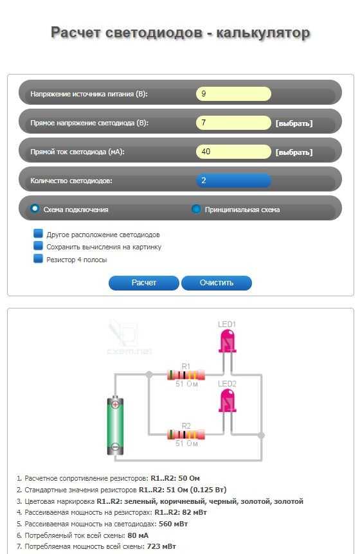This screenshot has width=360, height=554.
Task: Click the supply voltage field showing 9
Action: click(x=233, y=94)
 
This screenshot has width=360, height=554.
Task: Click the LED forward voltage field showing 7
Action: click(x=233, y=123)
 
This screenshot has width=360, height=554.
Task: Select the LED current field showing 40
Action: click(x=233, y=152)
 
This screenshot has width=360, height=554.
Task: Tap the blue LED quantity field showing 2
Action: click(x=233, y=181)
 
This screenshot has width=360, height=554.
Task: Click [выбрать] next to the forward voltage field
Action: click(x=294, y=123)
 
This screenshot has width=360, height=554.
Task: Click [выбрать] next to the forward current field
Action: click(x=294, y=152)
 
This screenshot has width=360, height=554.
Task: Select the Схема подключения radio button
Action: click(x=34, y=209)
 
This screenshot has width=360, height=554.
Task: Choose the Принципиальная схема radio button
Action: click(x=196, y=209)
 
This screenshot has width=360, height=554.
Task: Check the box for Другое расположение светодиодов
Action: click(x=38, y=233)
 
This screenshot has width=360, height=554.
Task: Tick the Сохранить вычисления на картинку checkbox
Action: click(x=38, y=246)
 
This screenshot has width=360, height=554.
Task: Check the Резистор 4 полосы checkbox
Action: click(x=38, y=258)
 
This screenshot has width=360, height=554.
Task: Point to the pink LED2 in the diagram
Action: click(x=227, y=401)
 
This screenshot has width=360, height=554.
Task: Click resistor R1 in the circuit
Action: click(x=186, y=375)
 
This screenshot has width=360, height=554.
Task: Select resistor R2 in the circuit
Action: click(x=186, y=434)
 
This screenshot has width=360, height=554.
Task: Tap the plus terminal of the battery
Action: click(x=115, y=404)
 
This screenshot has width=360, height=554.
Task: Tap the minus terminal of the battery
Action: click(x=115, y=446)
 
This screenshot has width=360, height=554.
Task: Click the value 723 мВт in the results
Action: click(x=161, y=546)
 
